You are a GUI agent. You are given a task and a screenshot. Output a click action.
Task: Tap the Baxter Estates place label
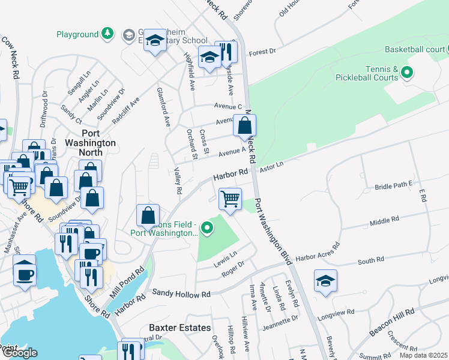pyautogui.click(x=180, y=328)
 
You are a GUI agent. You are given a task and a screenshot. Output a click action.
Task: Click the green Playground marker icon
pyautogui.click(x=107, y=33)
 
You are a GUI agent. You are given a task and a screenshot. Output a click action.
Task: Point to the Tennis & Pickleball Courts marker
pyautogui.click(x=407, y=73)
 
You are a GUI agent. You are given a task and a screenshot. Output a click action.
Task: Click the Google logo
pyautogui.click(x=19, y=353)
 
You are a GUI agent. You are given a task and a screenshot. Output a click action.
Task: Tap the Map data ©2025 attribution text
pyautogui.click(x=423, y=355)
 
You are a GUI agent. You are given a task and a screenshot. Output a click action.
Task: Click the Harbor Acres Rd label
pyautogui.click(x=318, y=250)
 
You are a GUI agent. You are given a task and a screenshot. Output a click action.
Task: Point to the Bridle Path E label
pyautogui.click(x=394, y=187)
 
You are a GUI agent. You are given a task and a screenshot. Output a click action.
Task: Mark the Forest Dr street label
pyautogui.click(x=262, y=52)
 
